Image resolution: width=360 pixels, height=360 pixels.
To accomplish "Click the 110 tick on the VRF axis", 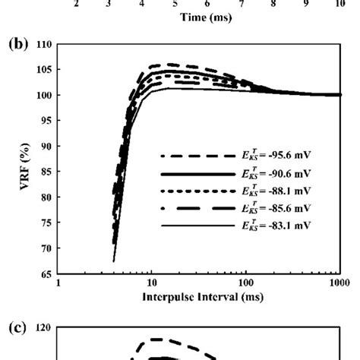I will [x=43, y=45].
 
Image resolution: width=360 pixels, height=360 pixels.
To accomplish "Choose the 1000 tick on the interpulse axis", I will [x=340, y=283].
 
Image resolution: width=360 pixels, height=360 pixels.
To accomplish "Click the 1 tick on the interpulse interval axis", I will [x=59, y=283].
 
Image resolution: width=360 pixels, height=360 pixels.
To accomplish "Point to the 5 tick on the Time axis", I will [x=175, y=4].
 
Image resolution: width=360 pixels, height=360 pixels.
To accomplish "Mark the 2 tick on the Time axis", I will [x=77, y=4].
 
